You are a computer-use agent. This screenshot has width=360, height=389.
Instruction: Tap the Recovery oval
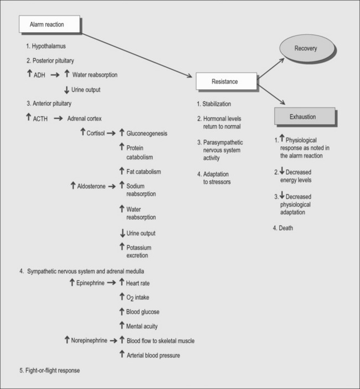coord(305,49)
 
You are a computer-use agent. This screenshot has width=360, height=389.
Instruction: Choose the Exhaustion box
coord(304,117)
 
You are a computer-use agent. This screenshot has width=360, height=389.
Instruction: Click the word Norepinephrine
coord(89,340)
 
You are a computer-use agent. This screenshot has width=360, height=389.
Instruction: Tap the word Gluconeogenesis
coord(147,134)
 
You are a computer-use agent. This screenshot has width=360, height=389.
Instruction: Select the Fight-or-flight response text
coord(53,370)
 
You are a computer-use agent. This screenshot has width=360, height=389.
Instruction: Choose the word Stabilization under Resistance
coord(215,104)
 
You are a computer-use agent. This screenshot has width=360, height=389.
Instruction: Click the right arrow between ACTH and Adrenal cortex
coord(58,118)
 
